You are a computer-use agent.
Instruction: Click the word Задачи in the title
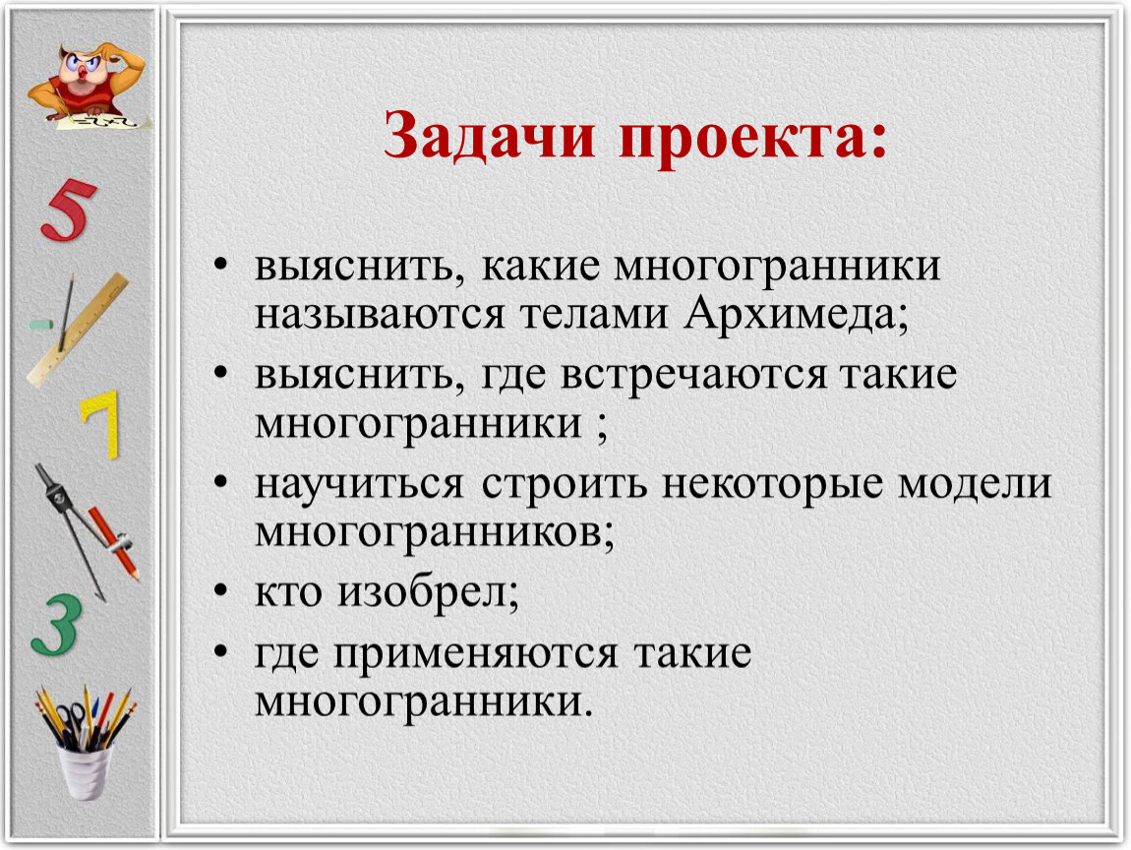click(x=489, y=135)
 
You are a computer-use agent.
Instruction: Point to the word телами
click(x=594, y=316)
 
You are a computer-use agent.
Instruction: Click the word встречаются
click(x=693, y=376)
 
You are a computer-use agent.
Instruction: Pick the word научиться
click(x=359, y=484)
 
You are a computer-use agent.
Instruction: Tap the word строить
click(x=565, y=486)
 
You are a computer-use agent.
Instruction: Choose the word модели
click(x=975, y=484)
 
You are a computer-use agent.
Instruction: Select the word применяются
click(x=475, y=655)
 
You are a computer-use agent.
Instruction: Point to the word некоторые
click(x=772, y=485)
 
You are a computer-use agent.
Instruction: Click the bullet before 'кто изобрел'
click(x=220, y=591)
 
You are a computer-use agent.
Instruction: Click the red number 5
click(x=69, y=210)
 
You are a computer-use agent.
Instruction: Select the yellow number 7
click(x=101, y=424)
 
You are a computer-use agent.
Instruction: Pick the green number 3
click(x=56, y=625)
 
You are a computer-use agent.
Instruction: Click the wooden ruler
click(x=77, y=329)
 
